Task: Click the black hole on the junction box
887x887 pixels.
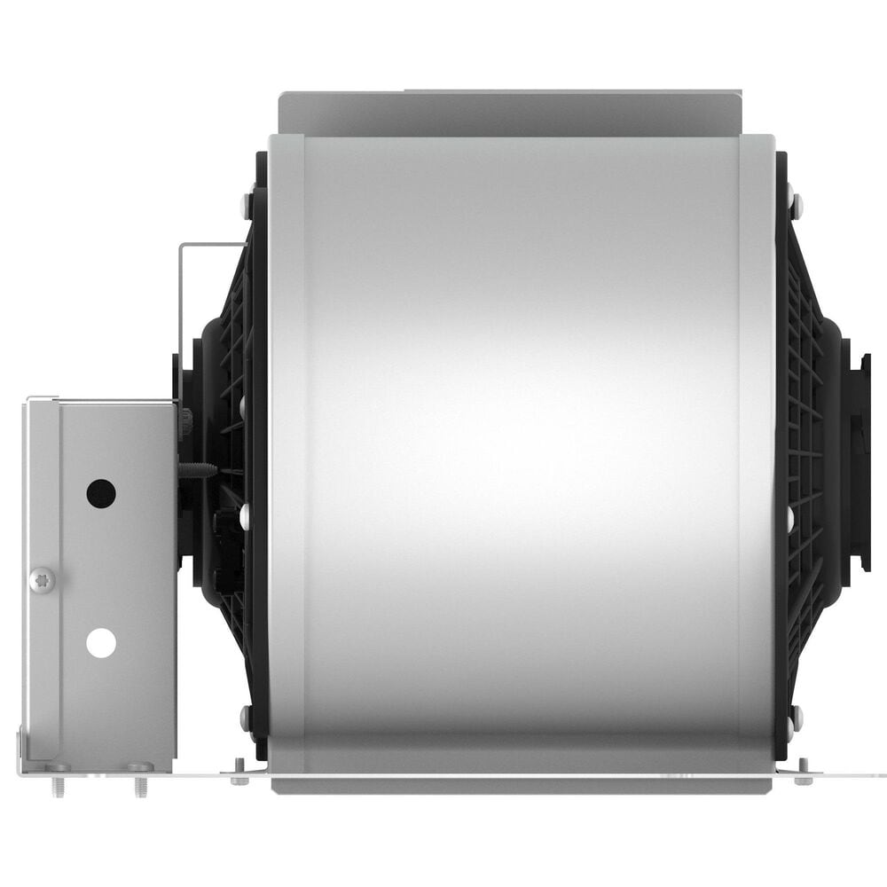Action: coord(101,493)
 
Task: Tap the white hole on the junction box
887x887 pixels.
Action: coord(101,642)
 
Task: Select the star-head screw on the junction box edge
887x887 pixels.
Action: coord(42,580)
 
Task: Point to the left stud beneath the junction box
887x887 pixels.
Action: coord(58,784)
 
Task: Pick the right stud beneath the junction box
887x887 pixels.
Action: coord(139,784)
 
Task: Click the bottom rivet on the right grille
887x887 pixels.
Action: coord(797,715)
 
